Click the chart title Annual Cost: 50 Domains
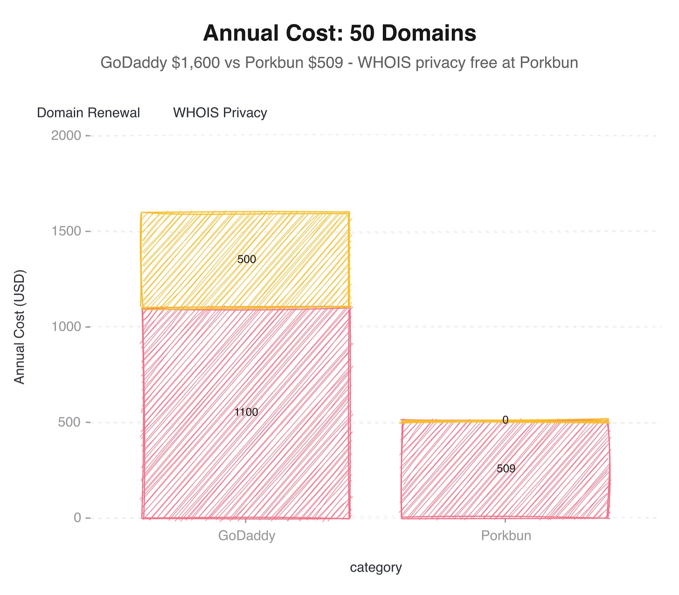pyautogui.click(x=339, y=34)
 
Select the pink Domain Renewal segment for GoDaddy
pyautogui.click(x=246, y=457)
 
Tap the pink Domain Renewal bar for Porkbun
pyautogui.click(x=506, y=494)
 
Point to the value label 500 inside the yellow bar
pyautogui.click(x=247, y=260)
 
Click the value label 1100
pyautogui.click(x=246, y=412)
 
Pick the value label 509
pyautogui.click(x=506, y=469)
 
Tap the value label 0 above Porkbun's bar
pyautogui.click(x=505, y=420)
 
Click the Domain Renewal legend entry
pyautogui.click(x=88, y=113)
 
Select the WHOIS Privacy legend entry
pyautogui.click(x=220, y=113)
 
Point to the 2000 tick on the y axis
pyautogui.click(x=66, y=136)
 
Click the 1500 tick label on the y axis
pyautogui.click(x=66, y=231)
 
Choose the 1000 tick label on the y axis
pyautogui.click(x=66, y=327)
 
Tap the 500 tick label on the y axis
pyautogui.click(x=70, y=422)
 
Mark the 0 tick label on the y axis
pyautogui.click(x=77, y=518)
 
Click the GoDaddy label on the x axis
pyautogui.click(x=247, y=536)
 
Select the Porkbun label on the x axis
pyautogui.click(x=506, y=536)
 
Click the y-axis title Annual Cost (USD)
pyautogui.click(x=19, y=327)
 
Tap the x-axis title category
pyautogui.click(x=376, y=568)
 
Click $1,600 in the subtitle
pyautogui.click(x=195, y=62)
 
